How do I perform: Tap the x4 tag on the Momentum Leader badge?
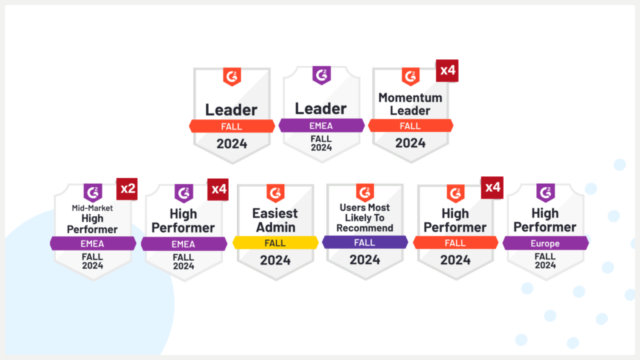coord(447,71)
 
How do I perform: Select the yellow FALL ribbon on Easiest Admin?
coord(276,242)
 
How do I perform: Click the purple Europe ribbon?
coord(546,242)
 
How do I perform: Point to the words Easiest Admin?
coord(275,220)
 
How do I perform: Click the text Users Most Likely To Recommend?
coord(364,217)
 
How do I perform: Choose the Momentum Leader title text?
coord(410,104)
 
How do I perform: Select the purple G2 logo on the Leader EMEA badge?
coord(321,76)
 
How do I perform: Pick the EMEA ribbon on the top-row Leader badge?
coord(321,126)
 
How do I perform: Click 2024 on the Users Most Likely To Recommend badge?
coord(365,259)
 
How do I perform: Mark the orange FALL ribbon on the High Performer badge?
coord(456,242)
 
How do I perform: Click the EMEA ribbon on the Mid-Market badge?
coord(93,243)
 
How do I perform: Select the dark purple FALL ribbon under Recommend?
coord(365,242)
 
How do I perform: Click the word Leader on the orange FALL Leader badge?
coord(231,110)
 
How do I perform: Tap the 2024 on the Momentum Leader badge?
coord(411,142)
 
